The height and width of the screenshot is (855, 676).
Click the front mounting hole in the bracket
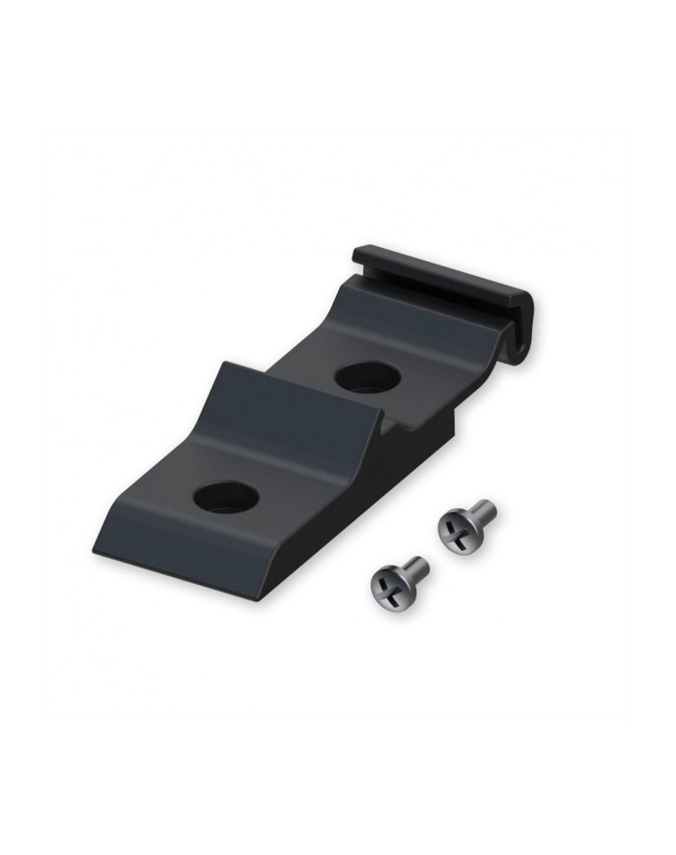pyautogui.click(x=226, y=497)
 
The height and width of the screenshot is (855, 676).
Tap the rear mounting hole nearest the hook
pyautogui.click(x=368, y=375)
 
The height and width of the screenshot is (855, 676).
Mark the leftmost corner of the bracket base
pyautogui.click(x=94, y=549)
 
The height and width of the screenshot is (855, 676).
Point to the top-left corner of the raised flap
pyautogui.click(x=224, y=364)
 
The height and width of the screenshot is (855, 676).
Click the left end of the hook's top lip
pyautogui.click(x=355, y=253)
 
